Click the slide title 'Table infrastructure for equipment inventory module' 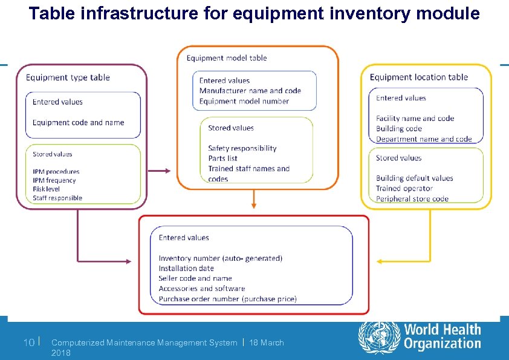254,13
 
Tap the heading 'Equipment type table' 68,77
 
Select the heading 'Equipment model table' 227,58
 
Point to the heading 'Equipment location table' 418,77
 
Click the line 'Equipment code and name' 79,123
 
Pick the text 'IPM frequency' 54,180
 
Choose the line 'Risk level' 47,189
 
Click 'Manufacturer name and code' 250,91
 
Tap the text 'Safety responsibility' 242,148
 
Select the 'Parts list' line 222,159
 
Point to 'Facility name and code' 415,119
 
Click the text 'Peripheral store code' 412,198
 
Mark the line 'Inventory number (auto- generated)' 220,258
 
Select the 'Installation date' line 186,269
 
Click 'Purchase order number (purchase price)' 227,299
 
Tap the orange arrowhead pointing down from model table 254,206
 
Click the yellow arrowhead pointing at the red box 380,261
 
